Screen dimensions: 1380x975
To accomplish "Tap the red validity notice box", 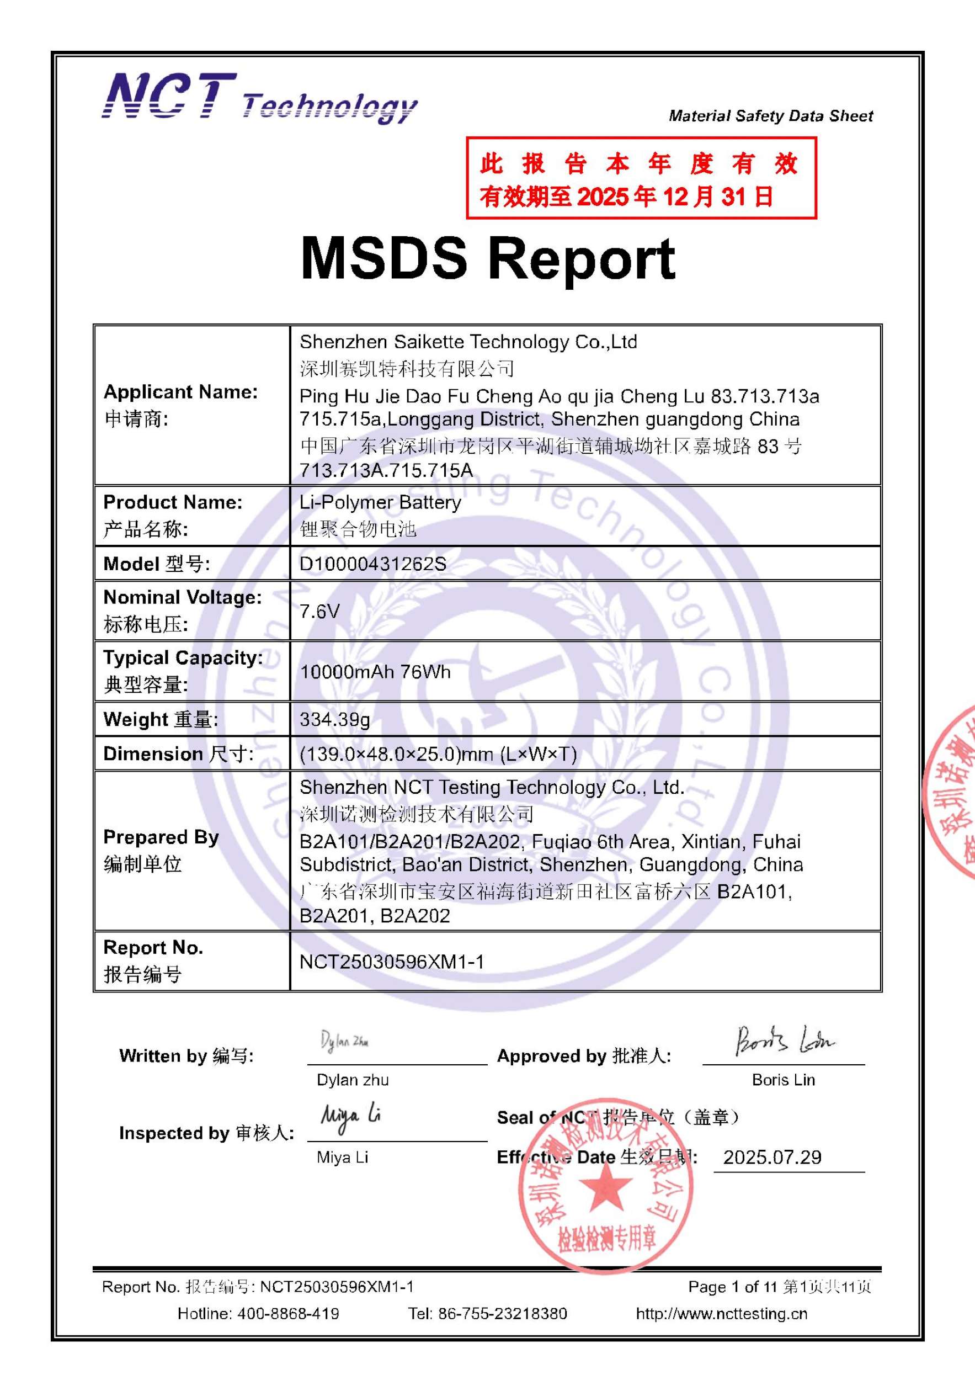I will click(641, 178).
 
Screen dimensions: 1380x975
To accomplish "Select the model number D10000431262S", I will click(372, 564).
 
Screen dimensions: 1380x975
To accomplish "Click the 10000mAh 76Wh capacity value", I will click(375, 671).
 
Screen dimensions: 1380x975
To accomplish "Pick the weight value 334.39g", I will click(334, 719).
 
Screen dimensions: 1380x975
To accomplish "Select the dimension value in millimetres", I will click(438, 753).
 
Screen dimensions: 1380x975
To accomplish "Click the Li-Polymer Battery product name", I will click(380, 502).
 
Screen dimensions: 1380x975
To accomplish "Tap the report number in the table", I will click(392, 962).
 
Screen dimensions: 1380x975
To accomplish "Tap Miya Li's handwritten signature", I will click(351, 1117).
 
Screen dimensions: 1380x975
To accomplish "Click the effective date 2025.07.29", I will click(772, 1157).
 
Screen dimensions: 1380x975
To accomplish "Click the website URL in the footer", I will click(722, 1313).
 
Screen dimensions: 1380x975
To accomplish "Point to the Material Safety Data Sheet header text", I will click(771, 116).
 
